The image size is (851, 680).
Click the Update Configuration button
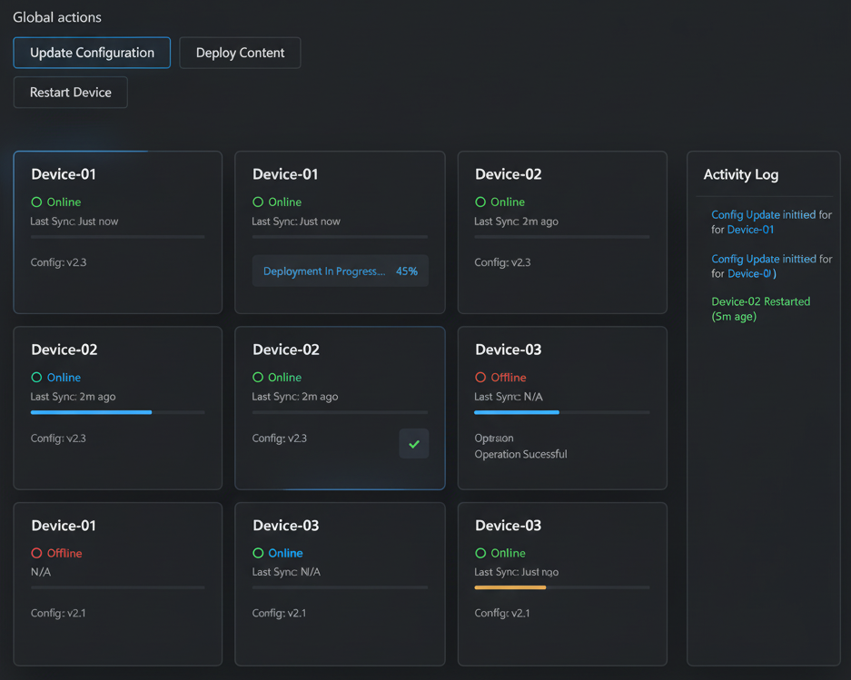pos(92,53)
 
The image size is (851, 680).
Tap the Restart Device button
pos(71,93)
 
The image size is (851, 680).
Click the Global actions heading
pos(57,17)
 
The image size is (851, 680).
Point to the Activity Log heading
pos(740,174)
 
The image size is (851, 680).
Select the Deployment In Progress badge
pos(324,271)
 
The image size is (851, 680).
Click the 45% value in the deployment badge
pos(407,271)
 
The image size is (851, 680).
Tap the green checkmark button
pos(414,444)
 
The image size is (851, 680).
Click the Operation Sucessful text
pos(520,454)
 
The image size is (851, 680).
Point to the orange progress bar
pos(510,587)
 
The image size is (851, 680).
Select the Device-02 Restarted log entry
pos(760,301)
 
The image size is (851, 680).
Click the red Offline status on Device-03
pos(508,378)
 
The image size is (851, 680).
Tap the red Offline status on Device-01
pos(64,553)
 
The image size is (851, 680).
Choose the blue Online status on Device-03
pos(285,553)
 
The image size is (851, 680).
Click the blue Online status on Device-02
pos(64,378)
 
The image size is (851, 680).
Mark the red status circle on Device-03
pos(480,378)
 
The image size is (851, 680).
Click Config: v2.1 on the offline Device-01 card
pos(58,613)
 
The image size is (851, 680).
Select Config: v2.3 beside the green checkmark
pos(280,439)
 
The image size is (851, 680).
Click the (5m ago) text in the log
pos(734,317)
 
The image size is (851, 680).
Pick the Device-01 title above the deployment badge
pos(285,174)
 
